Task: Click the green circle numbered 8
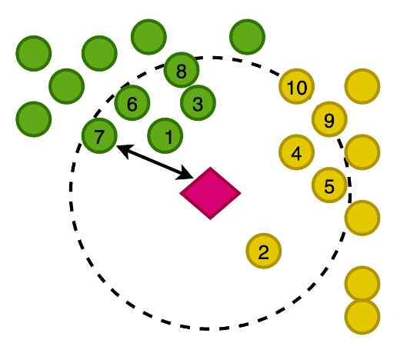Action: click(182, 70)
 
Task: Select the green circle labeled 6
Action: click(132, 103)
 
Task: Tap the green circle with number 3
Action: click(198, 103)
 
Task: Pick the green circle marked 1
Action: click(165, 135)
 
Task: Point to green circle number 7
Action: click(99, 135)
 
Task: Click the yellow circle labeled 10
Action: click(297, 86)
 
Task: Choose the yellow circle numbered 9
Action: click(329, 119)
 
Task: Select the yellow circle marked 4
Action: click(297, 152)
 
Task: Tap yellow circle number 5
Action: click(329, 185)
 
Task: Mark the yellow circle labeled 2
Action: click(264, 251)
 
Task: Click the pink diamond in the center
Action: click(211, 193)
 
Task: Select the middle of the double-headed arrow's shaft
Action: click(155, 162)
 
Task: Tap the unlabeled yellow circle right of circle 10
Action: click(362, 86)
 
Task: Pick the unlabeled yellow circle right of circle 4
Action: click(362, 152)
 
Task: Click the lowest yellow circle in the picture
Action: click(362, 317)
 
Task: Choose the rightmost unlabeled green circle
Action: click(248, 37)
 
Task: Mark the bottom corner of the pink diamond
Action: click(211, 220)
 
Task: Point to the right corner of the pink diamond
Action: click(241, 193)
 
